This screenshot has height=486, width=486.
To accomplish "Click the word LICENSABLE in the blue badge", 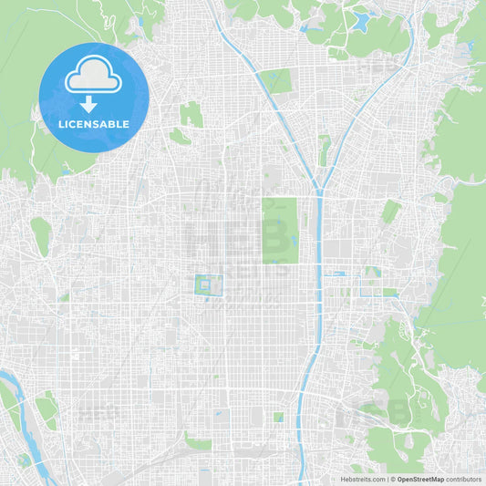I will (94, 124).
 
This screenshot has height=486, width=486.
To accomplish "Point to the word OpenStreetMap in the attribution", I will (419, 479).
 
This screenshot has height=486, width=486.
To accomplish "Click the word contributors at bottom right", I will (463, 479).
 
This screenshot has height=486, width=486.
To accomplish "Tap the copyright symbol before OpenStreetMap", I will (390, 479).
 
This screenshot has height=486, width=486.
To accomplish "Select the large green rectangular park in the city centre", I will (279, 230).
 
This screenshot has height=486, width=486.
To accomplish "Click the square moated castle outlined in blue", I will (208, 285).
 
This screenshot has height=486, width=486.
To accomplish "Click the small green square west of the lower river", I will (278, 417).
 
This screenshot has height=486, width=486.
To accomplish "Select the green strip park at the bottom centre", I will (198, 444).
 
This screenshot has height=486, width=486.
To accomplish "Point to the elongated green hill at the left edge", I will (39, 235).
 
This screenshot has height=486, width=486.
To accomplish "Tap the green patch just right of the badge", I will (191, 115).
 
